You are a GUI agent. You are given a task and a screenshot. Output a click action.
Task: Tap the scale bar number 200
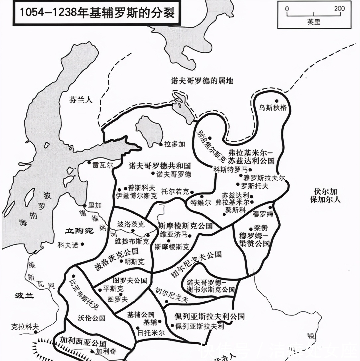339,8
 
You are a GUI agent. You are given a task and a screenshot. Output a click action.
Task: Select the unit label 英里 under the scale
313,23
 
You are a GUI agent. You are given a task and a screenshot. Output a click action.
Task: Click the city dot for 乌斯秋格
276,101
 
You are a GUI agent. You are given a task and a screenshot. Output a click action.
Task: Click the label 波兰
24,296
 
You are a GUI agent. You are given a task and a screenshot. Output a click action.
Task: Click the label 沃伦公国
92,318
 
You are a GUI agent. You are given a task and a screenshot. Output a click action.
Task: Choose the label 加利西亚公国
83,342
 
